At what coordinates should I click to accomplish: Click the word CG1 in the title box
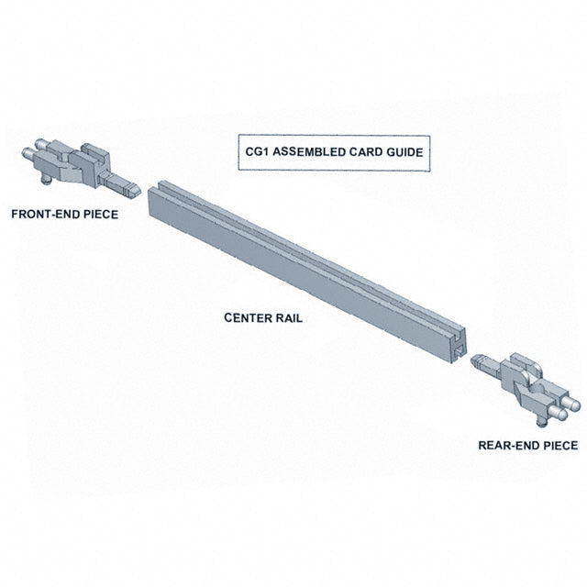tap(257, 152)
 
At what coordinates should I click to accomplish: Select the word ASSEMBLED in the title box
tap(309, 152)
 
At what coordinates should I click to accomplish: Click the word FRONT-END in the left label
tap(46, 214)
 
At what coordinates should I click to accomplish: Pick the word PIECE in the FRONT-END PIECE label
tap(101, 214)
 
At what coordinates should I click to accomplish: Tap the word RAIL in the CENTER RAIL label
tap(289, 318)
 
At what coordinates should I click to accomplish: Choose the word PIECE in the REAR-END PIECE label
tap(560, 446)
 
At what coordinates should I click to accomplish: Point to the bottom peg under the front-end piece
tap(47, 180)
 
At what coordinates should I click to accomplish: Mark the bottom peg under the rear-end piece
tap(541, 422)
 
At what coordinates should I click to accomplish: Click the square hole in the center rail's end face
tap(459, 352)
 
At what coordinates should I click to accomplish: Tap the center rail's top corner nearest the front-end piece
tap(160, 183)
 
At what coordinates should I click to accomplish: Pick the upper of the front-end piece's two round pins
tap(41, 143)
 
